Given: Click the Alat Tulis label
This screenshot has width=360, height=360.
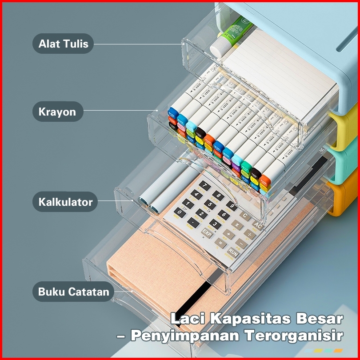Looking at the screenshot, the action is [x=63, y=44].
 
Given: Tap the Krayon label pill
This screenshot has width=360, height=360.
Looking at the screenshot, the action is [x=57, y=112].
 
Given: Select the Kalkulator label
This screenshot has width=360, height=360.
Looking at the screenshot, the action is [x=65, y=202].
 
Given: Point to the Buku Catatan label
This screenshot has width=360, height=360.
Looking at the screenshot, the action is [x=73, y=292].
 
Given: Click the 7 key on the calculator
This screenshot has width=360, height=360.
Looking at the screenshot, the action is [x=204, y=185].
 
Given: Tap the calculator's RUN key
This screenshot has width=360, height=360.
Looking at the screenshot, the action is [x=233, y=252].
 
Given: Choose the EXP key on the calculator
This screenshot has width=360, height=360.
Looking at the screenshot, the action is [x=207, y=232].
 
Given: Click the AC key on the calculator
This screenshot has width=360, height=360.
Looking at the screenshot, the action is [x=258, y=225].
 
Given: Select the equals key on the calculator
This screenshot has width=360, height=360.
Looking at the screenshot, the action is [x=220, y=243].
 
